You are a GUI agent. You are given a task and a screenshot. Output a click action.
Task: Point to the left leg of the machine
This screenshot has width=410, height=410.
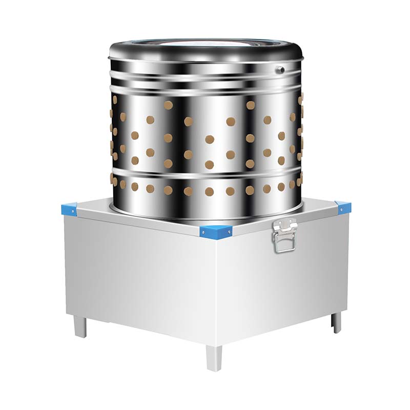pyautogui.click(x=80, y=326)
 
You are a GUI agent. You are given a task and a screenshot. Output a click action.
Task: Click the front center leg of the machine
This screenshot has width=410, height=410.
pyautogui.click(x=214, y=357)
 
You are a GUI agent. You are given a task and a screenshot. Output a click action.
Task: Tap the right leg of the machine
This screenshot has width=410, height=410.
pyautogui.click(x=336, y=321)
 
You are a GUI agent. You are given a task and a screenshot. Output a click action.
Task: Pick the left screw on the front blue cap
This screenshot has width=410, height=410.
pyautogui.click(x=203, y=232)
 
